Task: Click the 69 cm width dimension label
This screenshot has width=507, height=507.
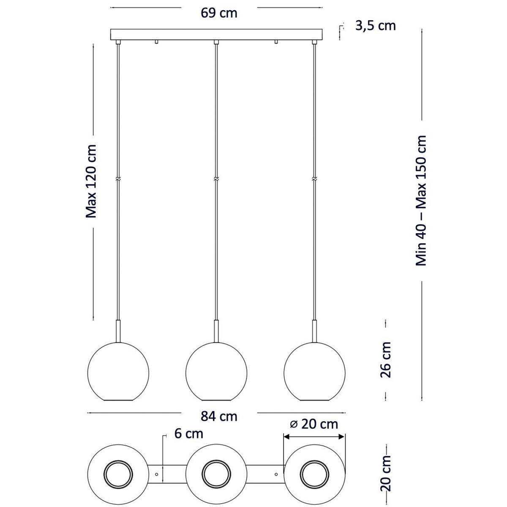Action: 219,13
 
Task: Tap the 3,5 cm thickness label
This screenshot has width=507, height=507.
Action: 375,26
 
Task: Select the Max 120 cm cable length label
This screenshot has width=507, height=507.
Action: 91,181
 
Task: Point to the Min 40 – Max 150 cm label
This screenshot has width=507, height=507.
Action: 421,201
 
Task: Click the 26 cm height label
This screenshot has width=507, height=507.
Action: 386,360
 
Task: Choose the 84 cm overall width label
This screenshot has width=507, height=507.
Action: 219,416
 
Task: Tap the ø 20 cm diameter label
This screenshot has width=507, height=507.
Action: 315,424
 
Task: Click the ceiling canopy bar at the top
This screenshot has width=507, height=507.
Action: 216,34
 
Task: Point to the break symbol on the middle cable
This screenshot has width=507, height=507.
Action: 216,179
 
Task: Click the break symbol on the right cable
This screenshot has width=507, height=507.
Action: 314,179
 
